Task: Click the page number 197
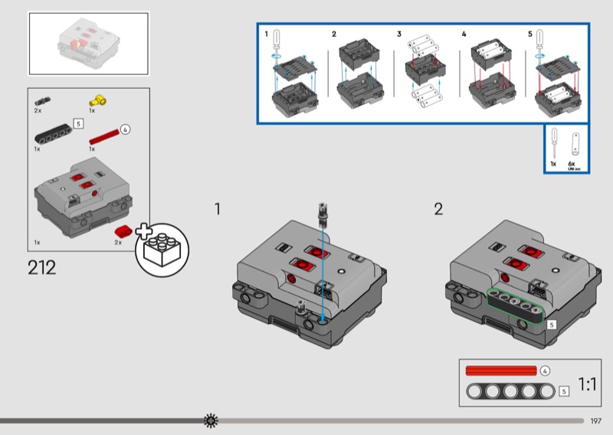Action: pos(596,420)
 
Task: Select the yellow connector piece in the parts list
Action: pos(97,100)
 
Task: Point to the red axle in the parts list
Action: pos(104,136)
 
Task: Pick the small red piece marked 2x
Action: pos(123,232)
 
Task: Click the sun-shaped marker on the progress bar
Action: pos(211,420)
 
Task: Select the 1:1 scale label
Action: pos(587,384)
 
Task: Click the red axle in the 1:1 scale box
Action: pos(501,371)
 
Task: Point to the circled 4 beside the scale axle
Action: pos(545,371)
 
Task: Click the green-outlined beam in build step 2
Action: pos(516,306)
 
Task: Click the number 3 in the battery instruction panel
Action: pos(399,34)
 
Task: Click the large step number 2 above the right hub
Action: pos(438,209)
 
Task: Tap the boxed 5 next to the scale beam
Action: pos(564,391)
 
